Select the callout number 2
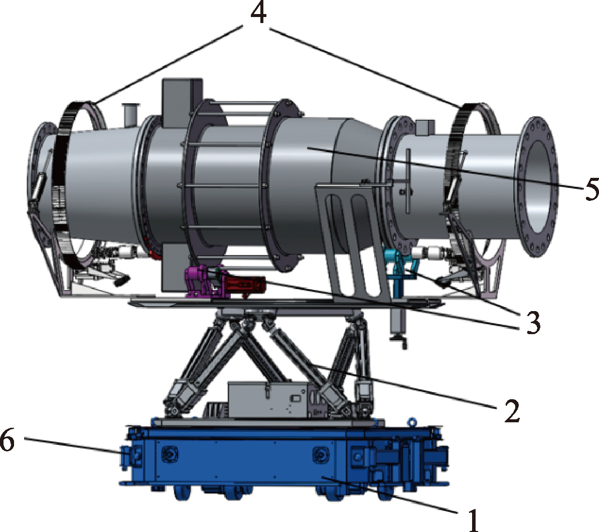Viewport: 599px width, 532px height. pyautogui.click(x=512, y=411)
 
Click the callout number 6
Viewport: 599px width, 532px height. pyautogui.click(x=7, y=440)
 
